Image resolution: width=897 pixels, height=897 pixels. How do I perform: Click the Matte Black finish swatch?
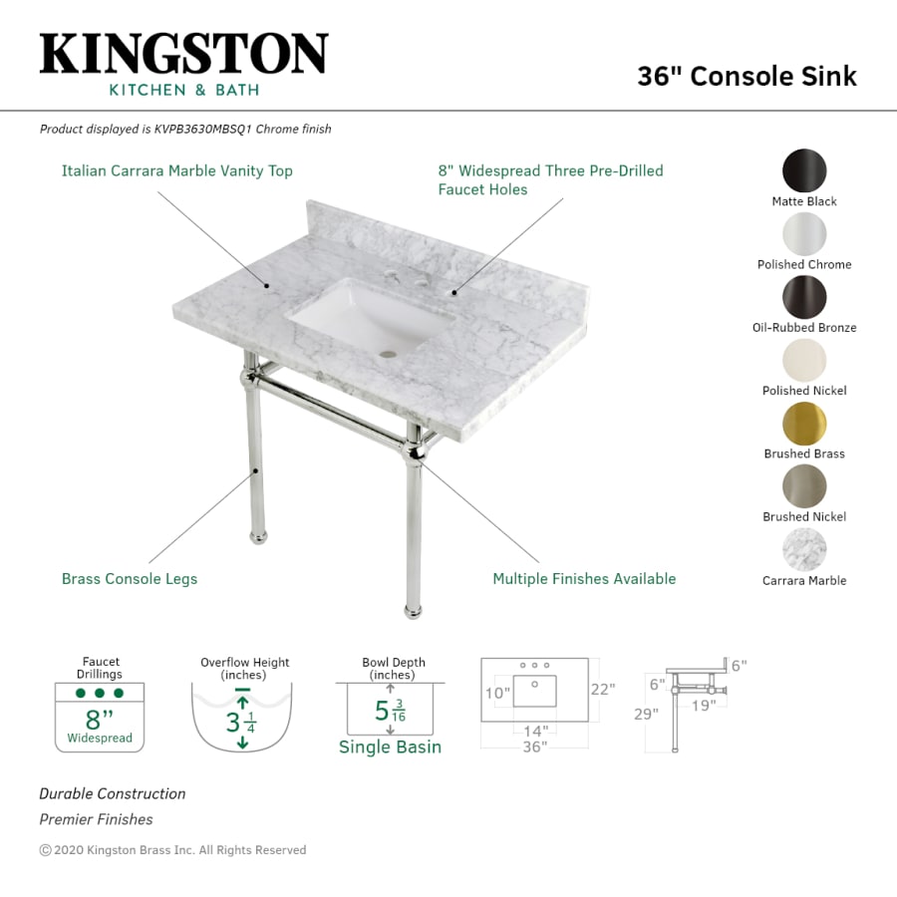click(x=804, y=170)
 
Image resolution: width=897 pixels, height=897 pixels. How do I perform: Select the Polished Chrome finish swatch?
click(x=804, y=233)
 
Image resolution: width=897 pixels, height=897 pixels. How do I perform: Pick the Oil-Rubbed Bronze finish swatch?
click(x=804, y=296)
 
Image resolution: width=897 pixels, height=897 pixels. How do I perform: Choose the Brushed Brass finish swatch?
click(x=804, y=423)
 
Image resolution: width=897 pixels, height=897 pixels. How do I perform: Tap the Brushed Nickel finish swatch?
click(x=804, y=486)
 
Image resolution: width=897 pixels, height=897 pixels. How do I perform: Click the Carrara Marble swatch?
click(x=804, y=549)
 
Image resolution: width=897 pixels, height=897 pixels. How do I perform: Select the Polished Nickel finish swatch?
click(x=804, y=360)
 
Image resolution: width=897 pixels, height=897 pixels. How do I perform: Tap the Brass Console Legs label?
click(x=130, y=579)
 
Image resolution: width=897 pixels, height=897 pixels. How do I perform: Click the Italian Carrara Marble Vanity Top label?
click(x=177, y=171)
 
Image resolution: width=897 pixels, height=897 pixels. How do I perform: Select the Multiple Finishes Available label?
click(x=584, y=579)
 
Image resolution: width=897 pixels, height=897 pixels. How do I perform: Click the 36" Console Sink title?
click(x=747, y=77)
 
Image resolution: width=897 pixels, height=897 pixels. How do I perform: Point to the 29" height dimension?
click(x=647, y=715)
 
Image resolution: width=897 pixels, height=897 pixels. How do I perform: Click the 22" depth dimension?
click(x=603, y=689)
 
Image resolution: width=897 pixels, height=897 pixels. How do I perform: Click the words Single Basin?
click(x=390, y=747)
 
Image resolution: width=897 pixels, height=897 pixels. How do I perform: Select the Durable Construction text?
click(x=113, y=794)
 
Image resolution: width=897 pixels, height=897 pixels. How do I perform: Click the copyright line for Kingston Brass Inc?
click(x=172, y=850)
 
